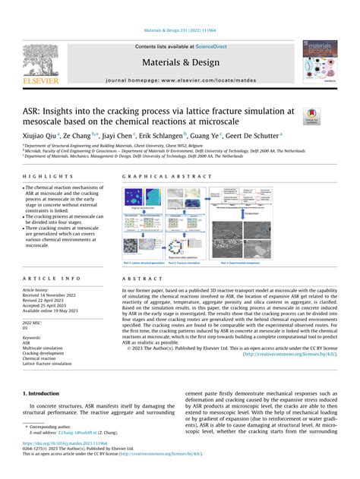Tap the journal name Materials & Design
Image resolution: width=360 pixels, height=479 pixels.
(179, 63)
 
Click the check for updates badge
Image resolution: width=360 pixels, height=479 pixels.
(311, 115)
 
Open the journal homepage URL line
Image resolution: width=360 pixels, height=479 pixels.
(179, 78)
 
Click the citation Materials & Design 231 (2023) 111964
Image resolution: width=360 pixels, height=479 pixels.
(179, 30)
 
